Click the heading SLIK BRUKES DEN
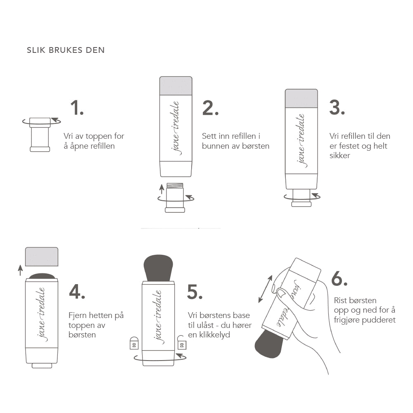tap(66, 50)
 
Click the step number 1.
tap(76, 108)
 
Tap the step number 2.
tap(210, 108)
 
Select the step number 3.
tap(337, 108)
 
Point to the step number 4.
tap(77, 292)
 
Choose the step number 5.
tap(195, 292)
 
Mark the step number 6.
tap(339, 279)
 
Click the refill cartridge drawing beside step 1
tap(40, 134)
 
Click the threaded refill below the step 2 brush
tap(175, 198)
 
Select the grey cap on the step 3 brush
tap(301, 99)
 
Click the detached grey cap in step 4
tap(41, 256)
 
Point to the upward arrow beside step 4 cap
tap(20, 270)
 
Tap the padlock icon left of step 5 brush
tap(134, 343)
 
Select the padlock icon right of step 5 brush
tap(182, 343)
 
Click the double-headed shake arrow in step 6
tap(266, 289)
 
